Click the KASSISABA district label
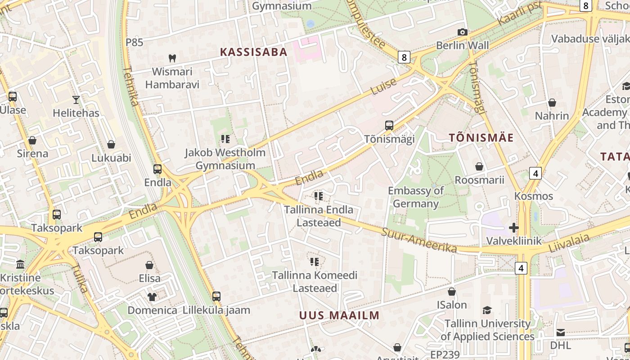[x=253, y=52]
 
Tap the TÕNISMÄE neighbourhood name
[x=481, y=138]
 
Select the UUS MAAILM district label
[x=339, y=315]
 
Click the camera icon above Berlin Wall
[x=462, y=32]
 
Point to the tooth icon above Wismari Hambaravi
[x=172, y=58]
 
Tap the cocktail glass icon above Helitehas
[x=76, y=99]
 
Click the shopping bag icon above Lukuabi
[x=111, y=144]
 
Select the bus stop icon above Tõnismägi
[x=389, y=126]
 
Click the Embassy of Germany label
[x=416, y=197]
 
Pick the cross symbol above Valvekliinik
[x=513, y=228]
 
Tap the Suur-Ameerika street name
[x=419, y=240]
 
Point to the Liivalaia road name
[x=569, y=243]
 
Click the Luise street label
[x=384, y=86]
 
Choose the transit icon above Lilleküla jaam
[x=216, y=296]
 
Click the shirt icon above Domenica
[x=152, y=297]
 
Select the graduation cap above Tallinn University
[x=487, y=310]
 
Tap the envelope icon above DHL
[x=561, y=333]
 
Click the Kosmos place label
[x=534, y=196]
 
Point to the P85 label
[x=134, y=42]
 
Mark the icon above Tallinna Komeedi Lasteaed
[x=314, y=261]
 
